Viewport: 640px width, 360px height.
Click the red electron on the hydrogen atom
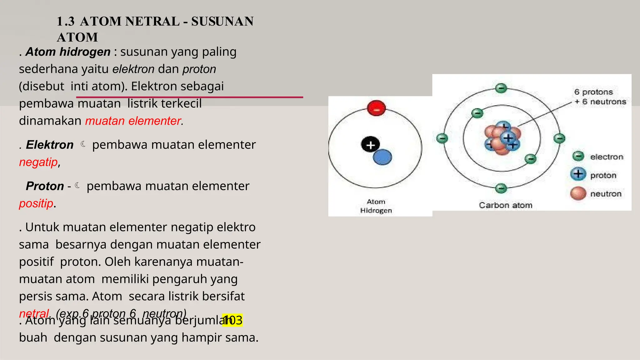pyautogui.click(x=377, y=108)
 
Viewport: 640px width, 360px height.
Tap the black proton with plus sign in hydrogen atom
pyautogui.click(x=370, y=145)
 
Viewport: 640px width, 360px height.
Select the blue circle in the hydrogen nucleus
pyautogui.click(x=382, y=157)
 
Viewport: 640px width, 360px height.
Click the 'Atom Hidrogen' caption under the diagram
pyautogui.click(x=376, y=206)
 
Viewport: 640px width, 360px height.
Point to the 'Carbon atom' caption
pyautogui.click(x=505, y=205)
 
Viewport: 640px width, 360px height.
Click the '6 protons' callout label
pyautogui.click(x=593, y=92)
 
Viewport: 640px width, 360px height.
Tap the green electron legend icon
pyautogui.click(x=578, y=156)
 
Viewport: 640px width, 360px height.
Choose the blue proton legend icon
pyautogui.click(x=578, y=174)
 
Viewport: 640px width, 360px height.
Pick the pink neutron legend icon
pyautogui.click(x=578, y=193)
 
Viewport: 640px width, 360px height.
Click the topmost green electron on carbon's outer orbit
pyautogui.click(x=501, y=88)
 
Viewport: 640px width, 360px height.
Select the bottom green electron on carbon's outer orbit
pyautogui.click(x=501, y=188)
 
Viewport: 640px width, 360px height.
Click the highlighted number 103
pyautogui.click(x=232, y=320)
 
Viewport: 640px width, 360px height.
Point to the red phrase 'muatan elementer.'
pyautogui.click(x=134, y=121)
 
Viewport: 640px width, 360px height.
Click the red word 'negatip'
pyautogui.click(x=38, y=162)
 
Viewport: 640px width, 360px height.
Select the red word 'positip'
pyautogui.click(x=36, y=203)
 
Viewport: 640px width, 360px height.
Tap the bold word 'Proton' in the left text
pyautogui.click(x=45, y=186)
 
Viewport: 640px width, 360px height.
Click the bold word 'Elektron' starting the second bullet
pyautogui.click(x=50, y=145)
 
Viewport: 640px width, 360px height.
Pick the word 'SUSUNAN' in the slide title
pyautogui.click(x=222, y=22)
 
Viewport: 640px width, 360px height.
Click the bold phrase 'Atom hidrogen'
pyautogui.click(x=68, y=52)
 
